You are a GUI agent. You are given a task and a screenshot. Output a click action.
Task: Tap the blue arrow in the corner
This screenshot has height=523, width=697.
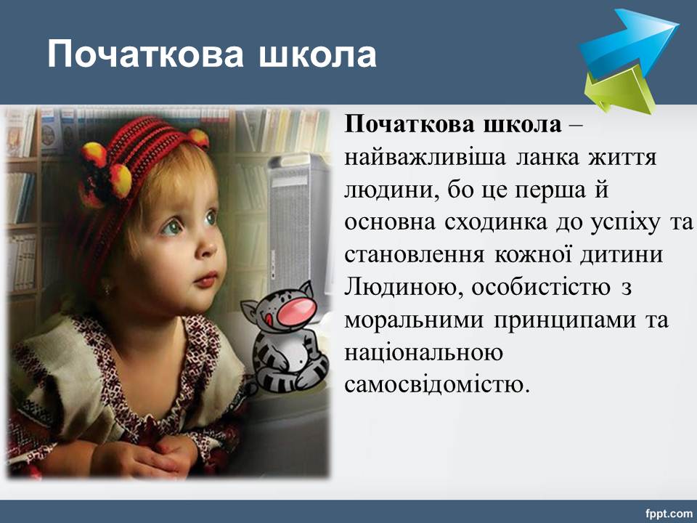tap(631, 42)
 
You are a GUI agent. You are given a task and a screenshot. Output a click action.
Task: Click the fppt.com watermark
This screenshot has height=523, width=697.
tap(669, 514)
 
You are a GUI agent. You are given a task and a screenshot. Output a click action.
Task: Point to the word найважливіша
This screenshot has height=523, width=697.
tap(425, 157)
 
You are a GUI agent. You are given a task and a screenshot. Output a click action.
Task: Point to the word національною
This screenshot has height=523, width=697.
tap(423, 353)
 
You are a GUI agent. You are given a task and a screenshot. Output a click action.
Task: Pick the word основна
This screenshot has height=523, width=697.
tap(389, 222)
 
